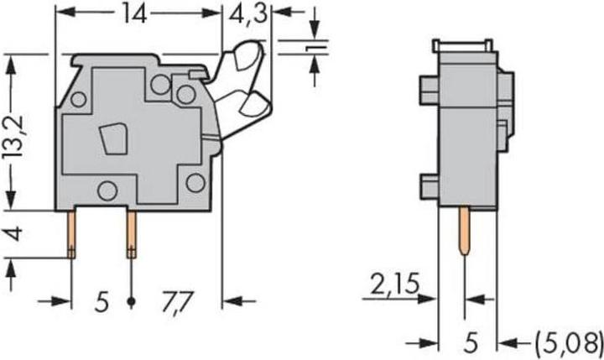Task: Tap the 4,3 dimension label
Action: click(247, 14)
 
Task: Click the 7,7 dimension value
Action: click(177, 302)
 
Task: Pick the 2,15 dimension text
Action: click(394, 284)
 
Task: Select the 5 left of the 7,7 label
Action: click(102, 302)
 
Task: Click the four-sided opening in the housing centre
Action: click(113, 138)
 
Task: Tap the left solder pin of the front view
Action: click(71, 234)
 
